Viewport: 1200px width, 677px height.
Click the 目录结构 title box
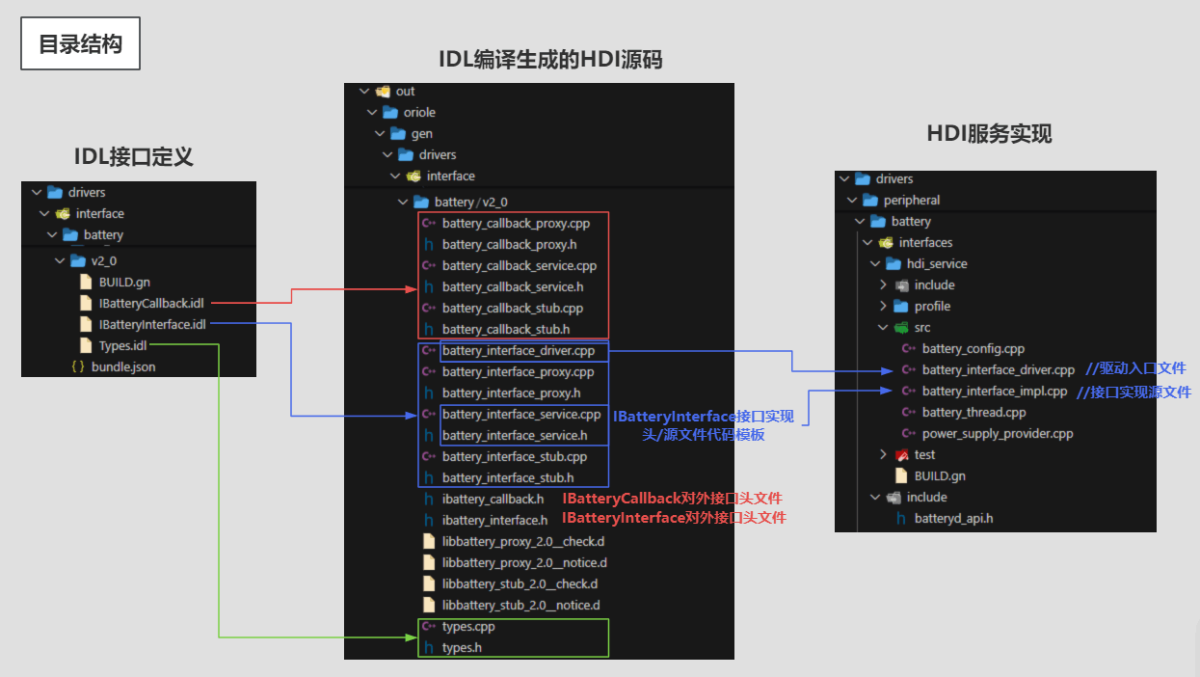(x=81, y=44)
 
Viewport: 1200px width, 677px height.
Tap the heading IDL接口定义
(x=134, y=156)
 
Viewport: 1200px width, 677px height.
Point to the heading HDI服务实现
(x=989, y=133)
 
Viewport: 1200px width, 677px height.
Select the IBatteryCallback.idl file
(x=151, y=304)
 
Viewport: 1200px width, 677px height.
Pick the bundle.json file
(x=122, y=367)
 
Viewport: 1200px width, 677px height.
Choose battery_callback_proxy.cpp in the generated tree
(x=515, y=224)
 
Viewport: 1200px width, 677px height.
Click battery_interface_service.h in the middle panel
(x=514, y=436)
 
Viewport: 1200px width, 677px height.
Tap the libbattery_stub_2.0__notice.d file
(x=520, y=606)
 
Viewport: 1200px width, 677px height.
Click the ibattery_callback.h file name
(x=493, y=500)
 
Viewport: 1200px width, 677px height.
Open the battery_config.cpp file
(x=973, y=349)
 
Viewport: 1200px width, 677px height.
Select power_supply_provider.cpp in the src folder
(x=997, y=434)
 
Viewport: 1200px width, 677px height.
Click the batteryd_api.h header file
(x=953, y=519)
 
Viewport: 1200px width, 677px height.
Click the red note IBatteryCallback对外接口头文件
(x=672, y=499)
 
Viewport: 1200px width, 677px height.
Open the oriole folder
(x=419, y=113)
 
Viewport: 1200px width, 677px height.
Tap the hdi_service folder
(x=936, y=264)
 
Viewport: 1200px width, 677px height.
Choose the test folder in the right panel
(x=924, y=455)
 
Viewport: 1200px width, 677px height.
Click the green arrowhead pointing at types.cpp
(x=413, y=636)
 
